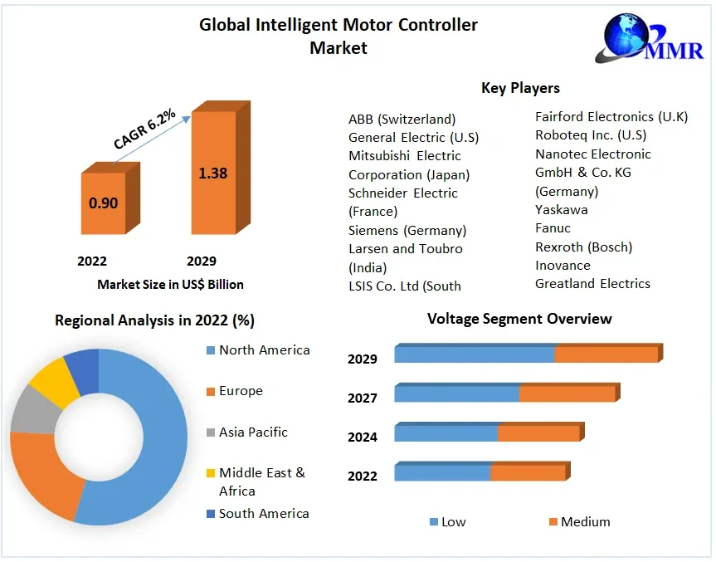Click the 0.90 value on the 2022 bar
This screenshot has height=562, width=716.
tap(103, 203)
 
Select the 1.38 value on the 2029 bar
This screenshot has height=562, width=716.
tap(212, 173)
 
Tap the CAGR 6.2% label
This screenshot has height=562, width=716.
tap(144, 130)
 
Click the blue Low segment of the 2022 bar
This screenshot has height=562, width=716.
tap(442, 473)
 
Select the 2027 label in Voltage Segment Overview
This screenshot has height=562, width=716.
tap(363, 398)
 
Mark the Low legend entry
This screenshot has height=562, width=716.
tap(447, 522)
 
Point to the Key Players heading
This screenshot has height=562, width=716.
tap(520, 88)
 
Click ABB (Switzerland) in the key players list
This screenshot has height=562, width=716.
tap(402, 119)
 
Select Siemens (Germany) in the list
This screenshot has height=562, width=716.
tap(407, 230)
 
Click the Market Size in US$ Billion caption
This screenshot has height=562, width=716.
tap(170, 285)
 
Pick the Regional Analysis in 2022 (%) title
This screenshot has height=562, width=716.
tap(154, 320)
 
